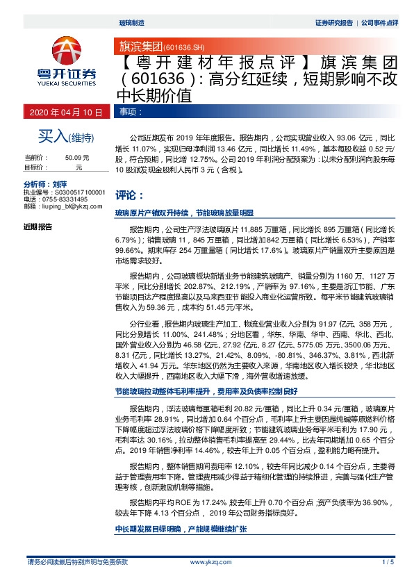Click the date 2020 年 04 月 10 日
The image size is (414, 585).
[66, 111]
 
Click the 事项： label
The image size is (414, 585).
[131, 111]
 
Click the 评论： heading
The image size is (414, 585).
[130, 195]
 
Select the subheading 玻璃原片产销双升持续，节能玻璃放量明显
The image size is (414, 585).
[185, 213]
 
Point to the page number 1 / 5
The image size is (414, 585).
[388, 561]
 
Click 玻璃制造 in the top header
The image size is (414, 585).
[131, 23]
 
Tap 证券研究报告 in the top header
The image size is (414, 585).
[333, 23]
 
